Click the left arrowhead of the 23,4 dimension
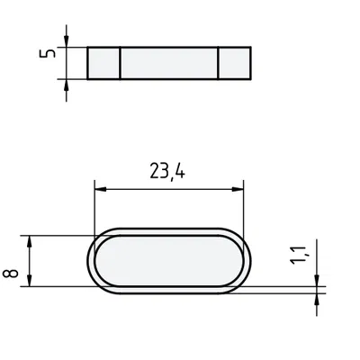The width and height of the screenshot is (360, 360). pyautogui.click(x=100, y=188)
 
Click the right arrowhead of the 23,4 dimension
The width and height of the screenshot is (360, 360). pyautogui.click(x=238, y=188)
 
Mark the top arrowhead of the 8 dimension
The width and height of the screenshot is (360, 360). pyautogui.click(x=31, y=240)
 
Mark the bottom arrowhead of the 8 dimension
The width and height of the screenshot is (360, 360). pyautogui.click(x=31, y=282)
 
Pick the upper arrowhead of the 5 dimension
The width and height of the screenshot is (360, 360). pyautogui.click(x=67, y=40)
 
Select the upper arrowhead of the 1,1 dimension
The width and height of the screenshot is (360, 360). pyautogui.click(x=317, y=280)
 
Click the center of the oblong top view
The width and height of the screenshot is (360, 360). pyautogui.click(x=169, y=261)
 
